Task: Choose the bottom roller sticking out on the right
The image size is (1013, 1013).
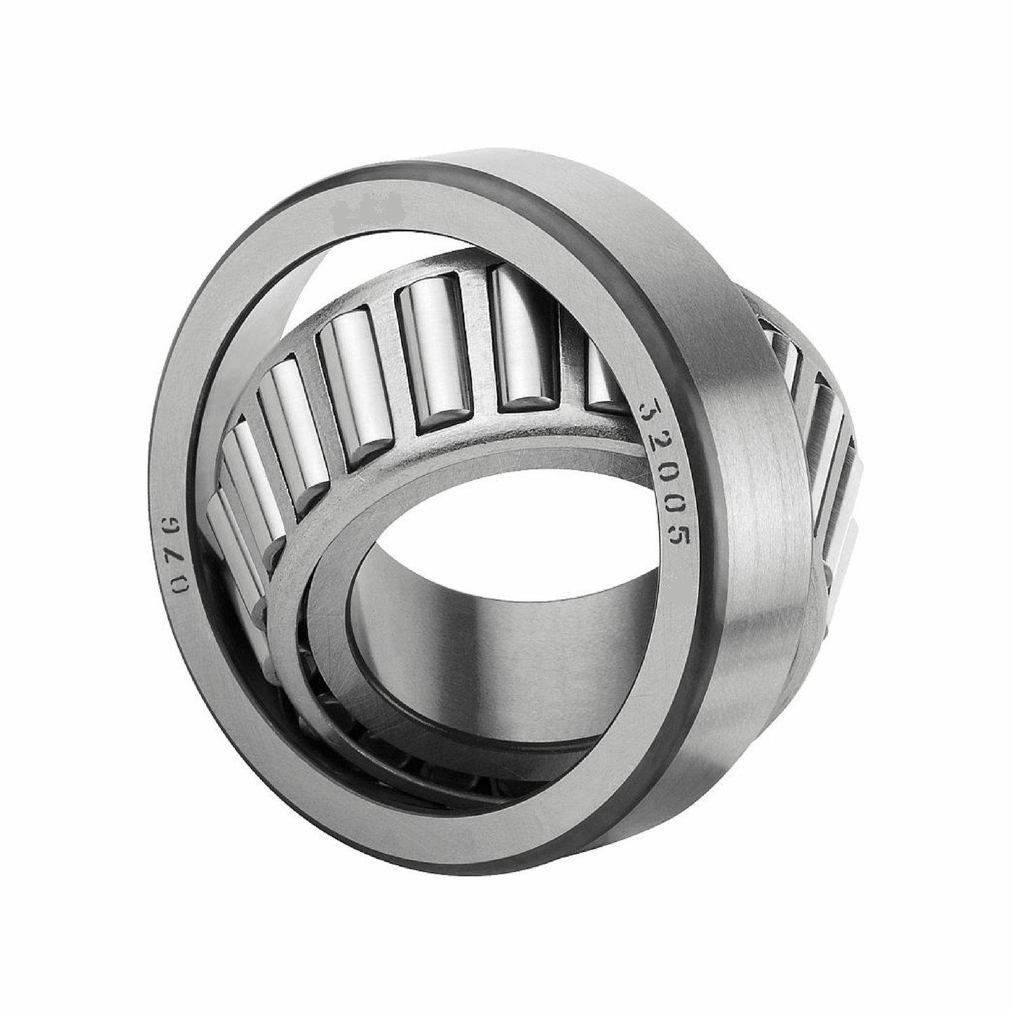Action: [841, 547]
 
